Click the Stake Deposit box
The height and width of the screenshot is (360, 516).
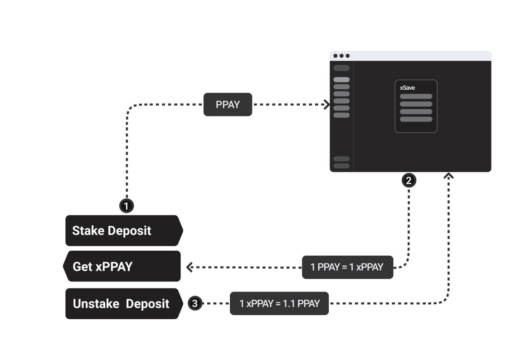coord(123,230)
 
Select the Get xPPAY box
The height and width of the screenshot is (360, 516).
coord(122,266)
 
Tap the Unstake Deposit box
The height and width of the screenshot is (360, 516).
coord(122,303)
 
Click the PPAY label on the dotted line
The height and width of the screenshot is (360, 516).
coord(228,105)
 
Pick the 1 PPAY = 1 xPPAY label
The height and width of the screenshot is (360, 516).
coord(347,267)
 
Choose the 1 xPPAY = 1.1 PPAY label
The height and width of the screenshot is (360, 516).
coord(279,303)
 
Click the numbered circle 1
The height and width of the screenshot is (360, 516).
coord(127,206)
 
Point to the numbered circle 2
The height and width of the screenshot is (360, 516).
coord(409,180)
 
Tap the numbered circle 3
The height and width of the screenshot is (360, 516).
coord(195,303)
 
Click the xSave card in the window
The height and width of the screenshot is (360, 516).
coord(416,106)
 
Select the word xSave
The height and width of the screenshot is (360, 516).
coord(407,88)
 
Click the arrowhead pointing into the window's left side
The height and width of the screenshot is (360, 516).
coord(326,105)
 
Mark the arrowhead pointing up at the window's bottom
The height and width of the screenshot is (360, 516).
coord(448,175)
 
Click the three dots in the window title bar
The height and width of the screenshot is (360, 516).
coord(341,56)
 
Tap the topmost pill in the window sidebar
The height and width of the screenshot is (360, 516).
coord(341,68)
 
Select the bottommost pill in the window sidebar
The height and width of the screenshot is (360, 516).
coord(341,166)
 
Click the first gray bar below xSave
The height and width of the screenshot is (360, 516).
coord(416,96)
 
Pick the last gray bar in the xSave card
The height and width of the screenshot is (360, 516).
coord(416,119)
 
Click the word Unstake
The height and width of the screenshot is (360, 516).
coord(96,303)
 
